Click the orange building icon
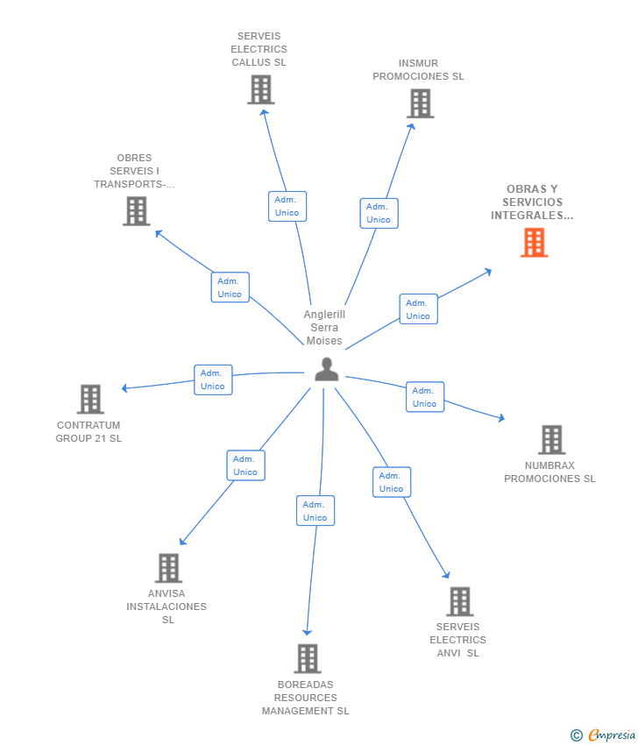click(534, 243)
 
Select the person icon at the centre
click(326, 370)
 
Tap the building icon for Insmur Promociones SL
click(420, 103)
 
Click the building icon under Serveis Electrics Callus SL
click(260, 89)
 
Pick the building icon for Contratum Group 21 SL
click(90, 399)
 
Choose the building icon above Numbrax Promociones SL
click(551, 439)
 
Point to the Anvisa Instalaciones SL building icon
click(168, 568)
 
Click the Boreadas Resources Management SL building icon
click(307, 658)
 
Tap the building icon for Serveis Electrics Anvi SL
click(459, 601)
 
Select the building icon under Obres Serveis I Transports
click(136, 211)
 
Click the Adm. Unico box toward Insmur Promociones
click(379, 213)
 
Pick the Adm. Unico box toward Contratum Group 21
click(213, 380)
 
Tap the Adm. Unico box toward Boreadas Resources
click(315, 511)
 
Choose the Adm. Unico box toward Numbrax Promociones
click(424, 397)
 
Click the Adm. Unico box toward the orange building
click(418, 309)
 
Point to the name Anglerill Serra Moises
click(324, 328)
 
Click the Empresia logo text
click(612, 735)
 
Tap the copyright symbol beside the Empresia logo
click(576, 735)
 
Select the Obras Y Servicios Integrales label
click(532, 202)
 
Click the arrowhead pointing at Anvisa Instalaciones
click(182, 543)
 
